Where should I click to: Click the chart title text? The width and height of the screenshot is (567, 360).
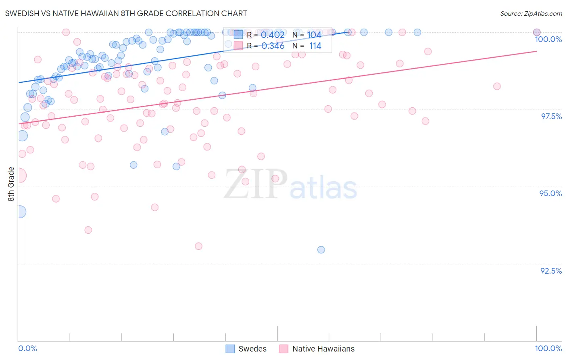126,13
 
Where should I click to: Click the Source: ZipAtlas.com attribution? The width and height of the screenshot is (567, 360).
531,13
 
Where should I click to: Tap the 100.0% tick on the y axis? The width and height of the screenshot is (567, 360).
548,39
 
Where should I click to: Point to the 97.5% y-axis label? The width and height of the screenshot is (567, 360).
551,116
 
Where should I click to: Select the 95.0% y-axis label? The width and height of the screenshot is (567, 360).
550,193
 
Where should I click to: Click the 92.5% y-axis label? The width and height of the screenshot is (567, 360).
551,271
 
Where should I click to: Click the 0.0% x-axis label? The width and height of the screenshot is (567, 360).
27,348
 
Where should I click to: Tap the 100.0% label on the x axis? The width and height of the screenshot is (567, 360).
548,348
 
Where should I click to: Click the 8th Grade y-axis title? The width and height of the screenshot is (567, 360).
11,184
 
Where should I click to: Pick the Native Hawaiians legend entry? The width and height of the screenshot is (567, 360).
317,349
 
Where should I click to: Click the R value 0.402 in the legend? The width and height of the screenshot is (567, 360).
273,35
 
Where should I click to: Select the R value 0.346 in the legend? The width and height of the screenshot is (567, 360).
273,46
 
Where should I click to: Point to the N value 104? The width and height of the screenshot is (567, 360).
314,35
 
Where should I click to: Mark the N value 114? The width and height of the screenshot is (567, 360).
315,46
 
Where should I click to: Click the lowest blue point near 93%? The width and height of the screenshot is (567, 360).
321,250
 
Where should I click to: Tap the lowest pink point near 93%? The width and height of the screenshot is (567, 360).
198,246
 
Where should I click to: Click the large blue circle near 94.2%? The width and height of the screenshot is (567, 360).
20,211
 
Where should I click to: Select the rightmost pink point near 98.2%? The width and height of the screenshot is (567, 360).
497,86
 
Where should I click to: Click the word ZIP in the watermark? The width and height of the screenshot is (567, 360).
256,184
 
